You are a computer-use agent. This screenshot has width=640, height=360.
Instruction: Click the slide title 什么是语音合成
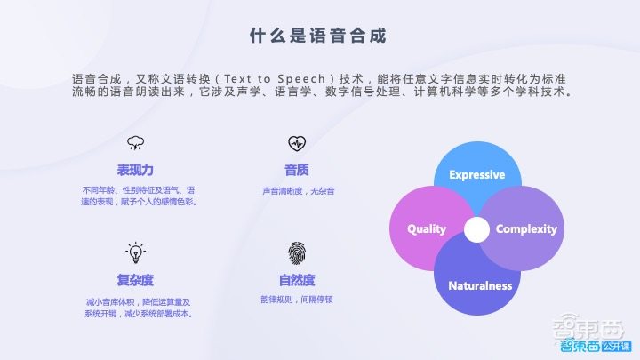point(319,36)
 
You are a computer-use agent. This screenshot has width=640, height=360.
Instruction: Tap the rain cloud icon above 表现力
point(135,143)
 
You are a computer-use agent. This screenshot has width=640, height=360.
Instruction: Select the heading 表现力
point(135,170)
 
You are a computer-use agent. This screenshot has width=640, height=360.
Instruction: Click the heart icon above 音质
point(296,143)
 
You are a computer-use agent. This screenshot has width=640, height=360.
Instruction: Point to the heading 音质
point(296,170)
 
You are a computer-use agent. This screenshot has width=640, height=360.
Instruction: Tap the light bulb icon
point(135,253)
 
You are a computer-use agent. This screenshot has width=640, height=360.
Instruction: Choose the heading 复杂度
point(135,280)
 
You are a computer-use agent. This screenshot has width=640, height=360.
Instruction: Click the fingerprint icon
point(296,253)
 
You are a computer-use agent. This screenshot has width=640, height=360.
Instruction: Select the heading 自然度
point(296,280)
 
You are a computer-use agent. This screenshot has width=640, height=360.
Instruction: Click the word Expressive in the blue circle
point(476,174)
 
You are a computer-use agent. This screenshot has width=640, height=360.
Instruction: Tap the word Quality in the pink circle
point(427,229)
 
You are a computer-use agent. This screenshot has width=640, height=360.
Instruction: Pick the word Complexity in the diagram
point(526,229)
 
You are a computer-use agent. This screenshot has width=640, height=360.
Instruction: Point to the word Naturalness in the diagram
point(480,285)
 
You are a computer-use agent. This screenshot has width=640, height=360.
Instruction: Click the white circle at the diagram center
point(477,229)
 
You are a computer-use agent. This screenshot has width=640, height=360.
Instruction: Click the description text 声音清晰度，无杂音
point(296,190)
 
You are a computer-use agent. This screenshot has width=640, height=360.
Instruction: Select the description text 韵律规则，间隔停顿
point(296,300)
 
